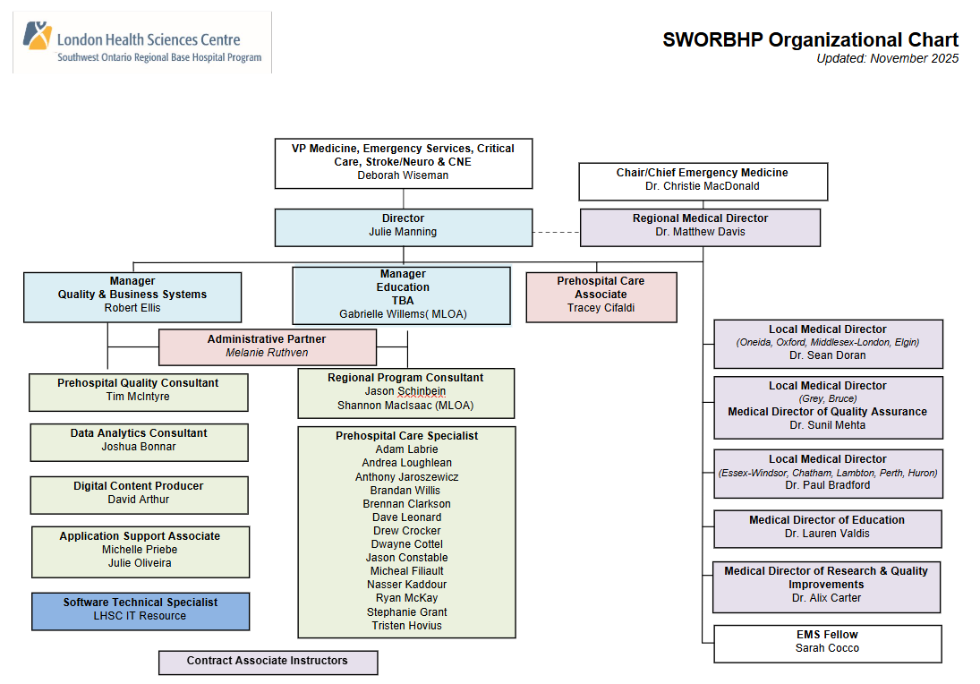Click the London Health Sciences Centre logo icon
pos(37,36)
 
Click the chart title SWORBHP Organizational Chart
pos(810,40)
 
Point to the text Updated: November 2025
pos(887,59)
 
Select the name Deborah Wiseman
pos(403,175)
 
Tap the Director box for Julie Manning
pos(403,226)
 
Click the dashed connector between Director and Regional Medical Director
pos(556,233)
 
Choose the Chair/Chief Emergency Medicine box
pos(703,180)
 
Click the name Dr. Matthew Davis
pos(700,232)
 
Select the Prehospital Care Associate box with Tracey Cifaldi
pos(601,295)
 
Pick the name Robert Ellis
pos(132,308)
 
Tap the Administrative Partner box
pos(267,346)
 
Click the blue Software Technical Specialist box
pos(141,610)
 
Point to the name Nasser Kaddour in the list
pos(406,585)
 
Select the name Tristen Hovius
pos(406,626)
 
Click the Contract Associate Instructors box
pos(267,662)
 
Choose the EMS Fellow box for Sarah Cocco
pos(827,642)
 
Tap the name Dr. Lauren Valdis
pos(827,534)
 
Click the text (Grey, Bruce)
pos(827,398)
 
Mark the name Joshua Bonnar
pos(139,447)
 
